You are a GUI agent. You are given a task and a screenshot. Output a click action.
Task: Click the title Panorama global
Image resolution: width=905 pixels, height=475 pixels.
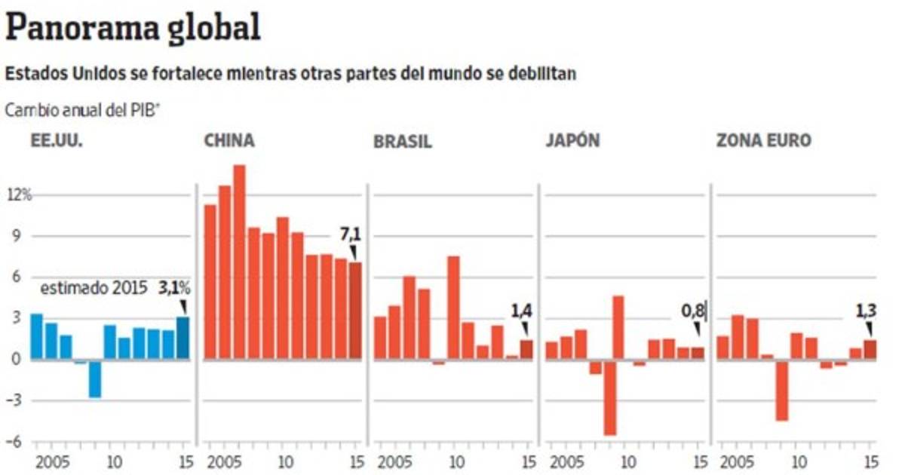(133, 28)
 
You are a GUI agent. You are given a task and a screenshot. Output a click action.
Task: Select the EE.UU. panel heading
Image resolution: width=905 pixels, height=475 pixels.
(56, 141)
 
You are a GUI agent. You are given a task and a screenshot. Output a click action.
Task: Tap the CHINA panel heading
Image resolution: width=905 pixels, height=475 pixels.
(229, 141)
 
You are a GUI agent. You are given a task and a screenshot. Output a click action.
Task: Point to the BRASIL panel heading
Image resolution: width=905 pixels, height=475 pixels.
(403, 142)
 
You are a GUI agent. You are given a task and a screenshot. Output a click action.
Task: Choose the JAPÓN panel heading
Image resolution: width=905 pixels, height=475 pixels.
(572, 141)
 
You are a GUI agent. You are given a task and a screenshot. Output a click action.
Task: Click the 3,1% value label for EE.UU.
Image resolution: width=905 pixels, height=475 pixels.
(173, 287)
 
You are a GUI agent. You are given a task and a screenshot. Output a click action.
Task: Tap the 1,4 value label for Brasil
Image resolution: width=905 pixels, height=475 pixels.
(522, 309)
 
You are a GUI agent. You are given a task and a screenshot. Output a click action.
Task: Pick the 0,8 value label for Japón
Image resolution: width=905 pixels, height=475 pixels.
(692, 309)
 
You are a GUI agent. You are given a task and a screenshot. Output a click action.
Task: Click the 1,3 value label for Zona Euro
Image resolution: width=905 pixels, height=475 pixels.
(864, 309)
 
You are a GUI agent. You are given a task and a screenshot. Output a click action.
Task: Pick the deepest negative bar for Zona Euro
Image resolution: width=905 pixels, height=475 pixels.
(782, 390)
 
